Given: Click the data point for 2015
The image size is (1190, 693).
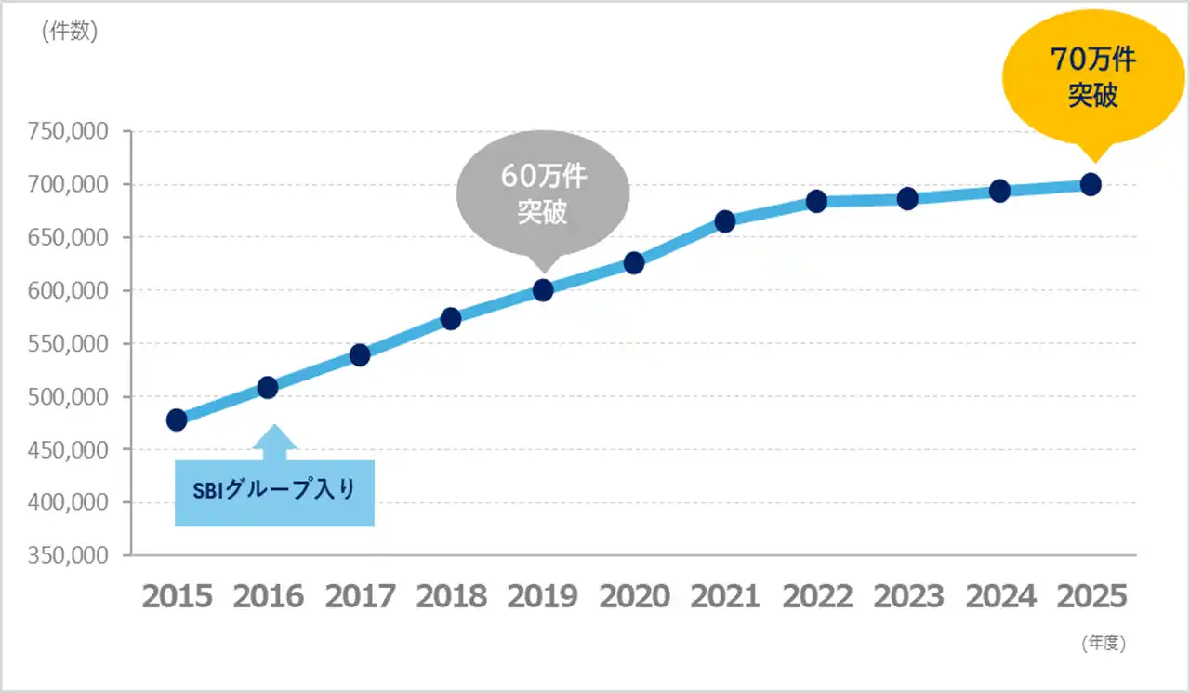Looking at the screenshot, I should [x=177, y=420].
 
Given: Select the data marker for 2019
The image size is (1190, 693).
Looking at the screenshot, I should [x=543, y=290].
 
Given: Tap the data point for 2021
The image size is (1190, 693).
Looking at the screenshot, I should [x=725, y=221].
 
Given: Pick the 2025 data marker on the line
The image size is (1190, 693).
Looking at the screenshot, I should [x=1091, y=184].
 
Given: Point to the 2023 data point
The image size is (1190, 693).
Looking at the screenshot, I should [x=907, y=198].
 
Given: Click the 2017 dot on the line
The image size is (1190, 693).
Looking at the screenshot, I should [x=360, y=355].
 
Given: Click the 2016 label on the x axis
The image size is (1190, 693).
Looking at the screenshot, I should [x=268, y=596].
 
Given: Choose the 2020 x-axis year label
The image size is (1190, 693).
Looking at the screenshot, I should [x=634, y=596].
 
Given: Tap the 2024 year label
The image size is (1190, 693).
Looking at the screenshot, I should [x=1000, y=596].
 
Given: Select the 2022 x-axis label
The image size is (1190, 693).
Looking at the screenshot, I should [x=817, y=596].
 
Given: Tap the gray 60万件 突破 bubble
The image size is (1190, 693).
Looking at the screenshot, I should [x=543, y=194].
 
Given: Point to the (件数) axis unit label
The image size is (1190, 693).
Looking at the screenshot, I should [x=70, y=32].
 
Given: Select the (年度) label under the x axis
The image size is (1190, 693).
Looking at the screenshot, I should [x=1104, y=643].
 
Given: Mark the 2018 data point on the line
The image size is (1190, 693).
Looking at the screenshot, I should [x=451, y=319].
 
